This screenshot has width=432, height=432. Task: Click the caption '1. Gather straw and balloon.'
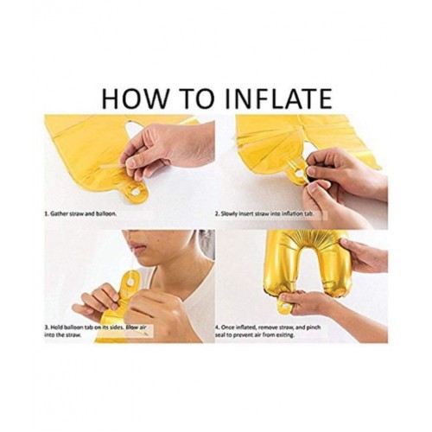click(x=80, y=214)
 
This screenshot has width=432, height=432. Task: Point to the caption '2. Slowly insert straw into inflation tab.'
click(x=264, y=214)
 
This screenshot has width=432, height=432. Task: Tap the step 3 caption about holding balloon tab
click(x=95, y=331)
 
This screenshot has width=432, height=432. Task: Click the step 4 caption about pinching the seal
click(x=268, y=331)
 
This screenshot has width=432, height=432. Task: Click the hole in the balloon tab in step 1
click(x=135, y=191)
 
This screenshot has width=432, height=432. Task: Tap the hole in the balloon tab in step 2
click(x=299, y=173)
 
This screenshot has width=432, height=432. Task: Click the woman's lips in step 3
click(x=137, y=246)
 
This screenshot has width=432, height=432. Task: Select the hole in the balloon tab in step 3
click(x=131, y=283)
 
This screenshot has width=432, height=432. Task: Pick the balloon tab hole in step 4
click(x=285, y=306)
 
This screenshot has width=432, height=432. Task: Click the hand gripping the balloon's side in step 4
click(x=364, y=254)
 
